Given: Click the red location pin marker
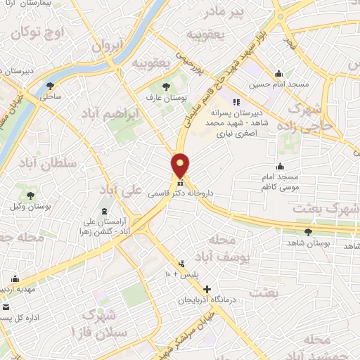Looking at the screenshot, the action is (x=181, y=165).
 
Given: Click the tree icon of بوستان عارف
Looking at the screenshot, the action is (x=165, y=86).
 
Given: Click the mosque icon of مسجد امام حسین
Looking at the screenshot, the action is (x=279, y=72).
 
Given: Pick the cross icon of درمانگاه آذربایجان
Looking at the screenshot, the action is (x=207, y=289).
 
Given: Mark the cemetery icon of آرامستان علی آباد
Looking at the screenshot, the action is (x=104, y=212).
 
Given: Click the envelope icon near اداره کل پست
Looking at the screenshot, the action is (x=6, y=308).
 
